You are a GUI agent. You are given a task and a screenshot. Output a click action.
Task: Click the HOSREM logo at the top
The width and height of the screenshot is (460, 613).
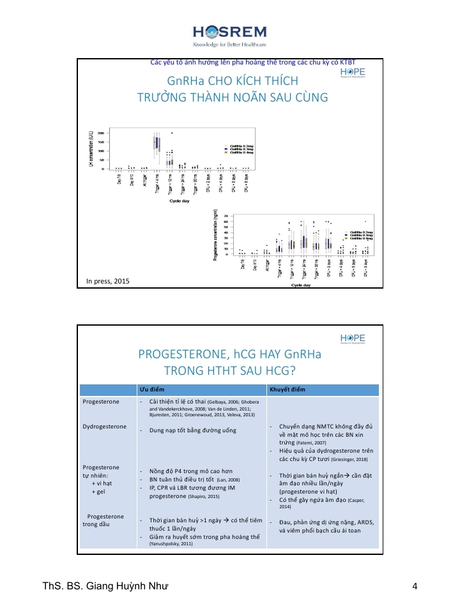pos(229,32)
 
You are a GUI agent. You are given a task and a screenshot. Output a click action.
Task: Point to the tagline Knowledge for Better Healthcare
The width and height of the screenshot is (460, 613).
pos(229,45)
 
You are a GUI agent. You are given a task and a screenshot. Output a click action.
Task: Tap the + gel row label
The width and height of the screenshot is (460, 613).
pos(98,492)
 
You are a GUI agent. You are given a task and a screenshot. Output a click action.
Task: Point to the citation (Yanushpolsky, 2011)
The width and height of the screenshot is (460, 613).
pos(169,543)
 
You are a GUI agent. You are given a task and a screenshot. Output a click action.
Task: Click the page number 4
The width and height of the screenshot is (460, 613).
pos(415,588)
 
